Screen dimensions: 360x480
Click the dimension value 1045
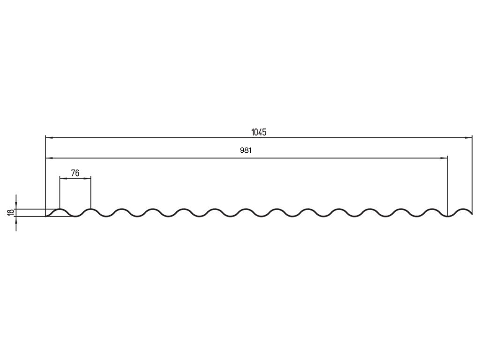pyautogui.click(x=259, y=132)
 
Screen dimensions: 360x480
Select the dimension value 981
pyautogui.click(x=246, y=151)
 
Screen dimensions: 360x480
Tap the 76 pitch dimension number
pyautogui.click(x=75, y=173)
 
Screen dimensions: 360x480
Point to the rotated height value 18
pyautogui.click(x=10, y=212)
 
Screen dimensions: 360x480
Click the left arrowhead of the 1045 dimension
pyautogui.click(x=48, y=138)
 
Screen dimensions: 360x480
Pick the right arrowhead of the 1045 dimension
pyautogui.click(x=468, y=138)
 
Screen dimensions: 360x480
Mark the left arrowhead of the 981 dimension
pyautogui.click(x=48, y=158)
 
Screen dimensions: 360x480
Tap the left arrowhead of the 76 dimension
pyautogui.click(x=63, y=178)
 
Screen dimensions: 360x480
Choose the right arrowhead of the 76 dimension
pyautogui.click(x=88, y=178)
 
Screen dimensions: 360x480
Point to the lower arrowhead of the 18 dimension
pyautogui.click(x=16, y=219)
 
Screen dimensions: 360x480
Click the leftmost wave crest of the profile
pyautogui.click(x=60, y=209)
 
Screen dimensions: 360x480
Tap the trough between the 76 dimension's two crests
pyautogui.click(x=75, y=217)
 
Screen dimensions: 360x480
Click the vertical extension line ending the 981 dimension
pyautogui.click(x=448, y=187)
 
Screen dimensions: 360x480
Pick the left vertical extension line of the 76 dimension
pyautogui.click(x=60, y=192)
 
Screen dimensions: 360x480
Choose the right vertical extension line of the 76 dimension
pyautogui.click(x=90, y=192)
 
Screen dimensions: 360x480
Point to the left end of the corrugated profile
pyautogui.click(x=45, y=216)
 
